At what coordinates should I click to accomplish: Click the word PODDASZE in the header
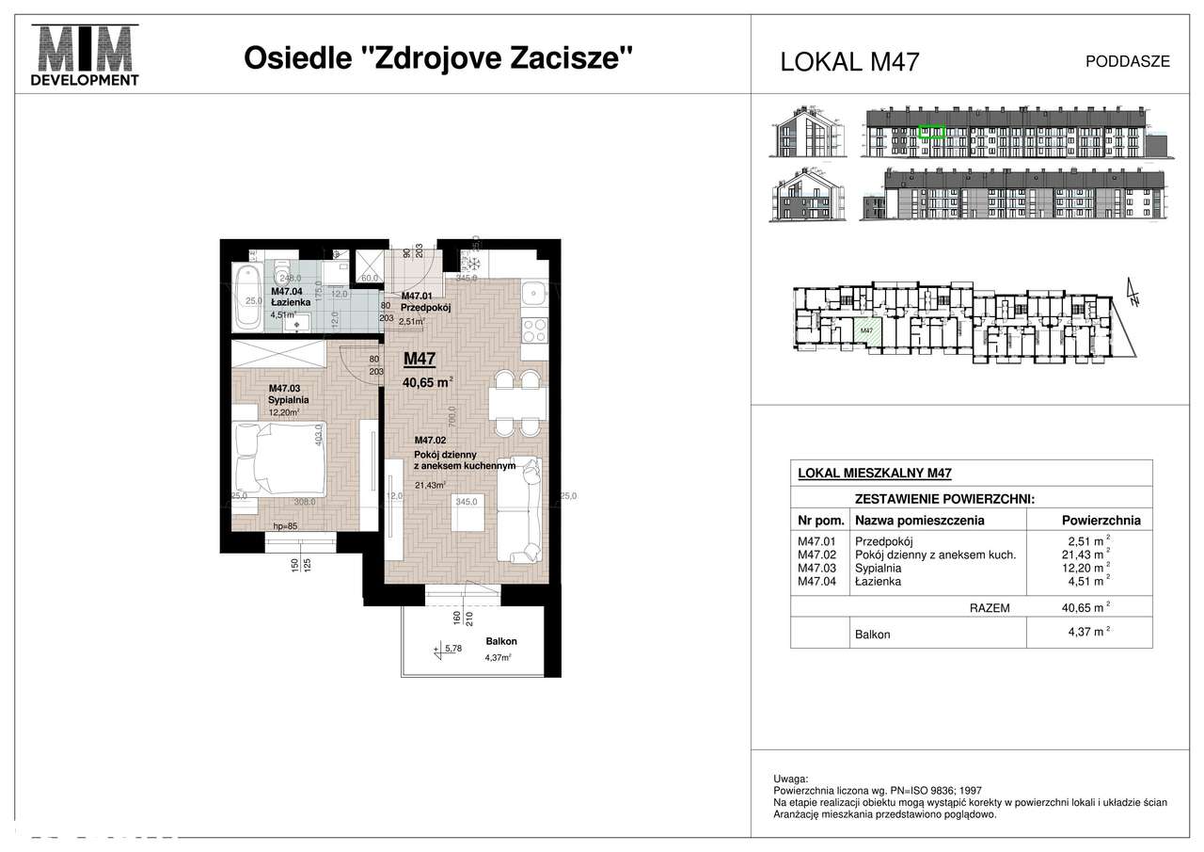click(1127, 61)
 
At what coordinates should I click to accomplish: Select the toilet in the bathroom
click(280, 274)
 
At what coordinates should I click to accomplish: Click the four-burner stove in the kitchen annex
click(533, 332)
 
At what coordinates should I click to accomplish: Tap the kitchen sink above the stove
click(533, 295)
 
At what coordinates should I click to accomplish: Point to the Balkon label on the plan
click(501, 641)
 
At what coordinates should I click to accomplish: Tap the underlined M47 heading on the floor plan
click(420, 358)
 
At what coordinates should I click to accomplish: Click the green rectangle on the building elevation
click(931, 133)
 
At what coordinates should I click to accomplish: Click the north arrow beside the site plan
click(1134, 295)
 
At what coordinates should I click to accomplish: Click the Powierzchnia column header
click(1101, 520)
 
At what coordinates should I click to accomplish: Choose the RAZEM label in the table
click(990, 608)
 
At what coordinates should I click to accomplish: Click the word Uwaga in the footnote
click(789, 780)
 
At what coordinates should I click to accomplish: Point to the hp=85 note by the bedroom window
click(285, 526)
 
